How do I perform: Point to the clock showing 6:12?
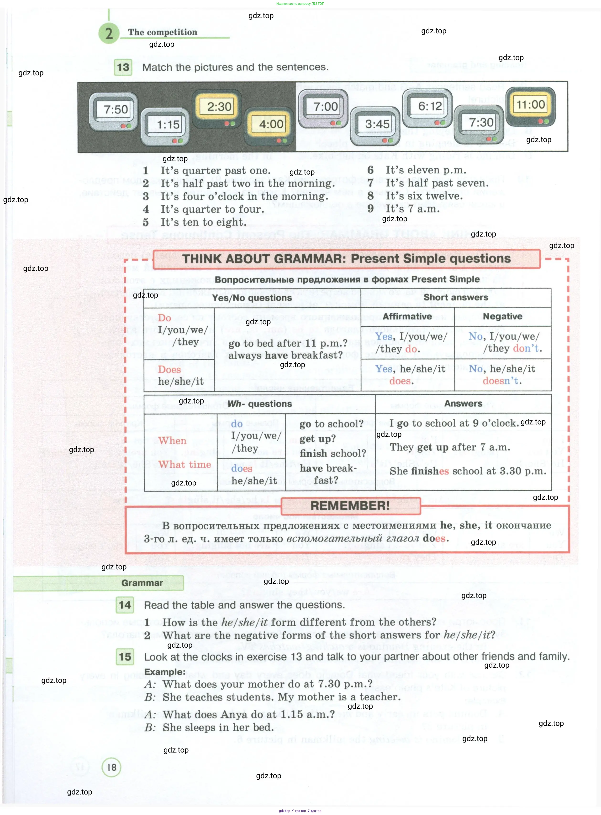coord(427,108)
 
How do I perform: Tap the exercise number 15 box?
coord(125,657)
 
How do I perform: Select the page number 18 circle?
coord(111,767)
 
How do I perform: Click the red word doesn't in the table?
coord(502,381)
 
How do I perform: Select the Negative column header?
coord(502,316)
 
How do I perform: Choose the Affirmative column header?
coord(407,316)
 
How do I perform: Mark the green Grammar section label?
coord(142,583)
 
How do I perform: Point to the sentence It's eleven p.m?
coord(426,170)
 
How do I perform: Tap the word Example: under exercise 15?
coord(165,672)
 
